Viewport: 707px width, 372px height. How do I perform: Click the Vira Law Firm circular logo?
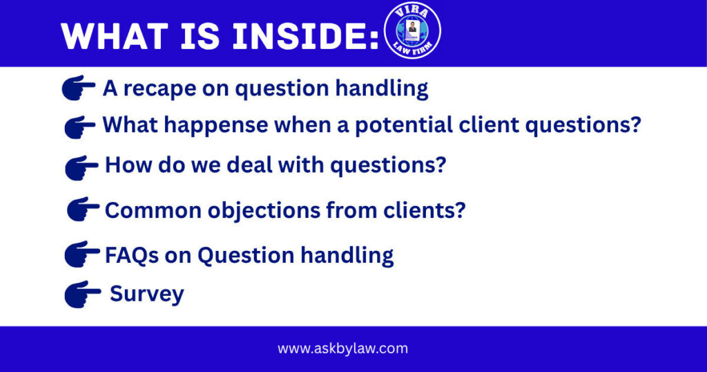412,30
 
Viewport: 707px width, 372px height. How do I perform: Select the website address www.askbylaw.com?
342,348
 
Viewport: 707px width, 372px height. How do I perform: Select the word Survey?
147,294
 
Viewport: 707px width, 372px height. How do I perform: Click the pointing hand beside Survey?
82,294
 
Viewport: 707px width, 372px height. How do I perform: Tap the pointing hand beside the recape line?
79,88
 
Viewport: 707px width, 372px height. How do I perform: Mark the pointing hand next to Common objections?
84,209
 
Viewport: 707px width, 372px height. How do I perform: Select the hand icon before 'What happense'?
80,127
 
